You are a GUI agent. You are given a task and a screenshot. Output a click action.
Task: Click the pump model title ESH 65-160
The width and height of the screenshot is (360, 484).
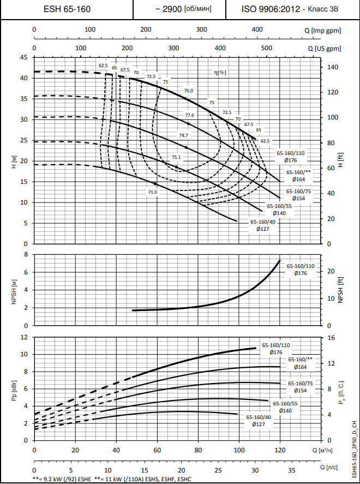(x=67, y=9)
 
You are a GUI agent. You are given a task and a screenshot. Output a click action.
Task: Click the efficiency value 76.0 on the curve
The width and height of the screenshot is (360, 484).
(x=189, y=91)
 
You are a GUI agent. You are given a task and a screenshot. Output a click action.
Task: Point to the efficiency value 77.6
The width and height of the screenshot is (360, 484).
(x=189, y=115)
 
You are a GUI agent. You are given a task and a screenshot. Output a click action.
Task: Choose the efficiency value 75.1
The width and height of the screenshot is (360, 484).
(x=176, y=157)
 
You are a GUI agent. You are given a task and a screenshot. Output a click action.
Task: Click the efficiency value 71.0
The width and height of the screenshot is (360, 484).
(x=152, y=192)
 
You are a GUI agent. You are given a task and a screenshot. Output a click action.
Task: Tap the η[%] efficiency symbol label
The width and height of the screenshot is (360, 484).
(x=220, y=72)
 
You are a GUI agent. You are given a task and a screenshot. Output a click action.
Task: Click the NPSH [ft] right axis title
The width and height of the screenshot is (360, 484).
(x=340, y=290)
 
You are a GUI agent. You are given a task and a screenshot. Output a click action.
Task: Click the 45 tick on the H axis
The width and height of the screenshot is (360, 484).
(x=23, y=57)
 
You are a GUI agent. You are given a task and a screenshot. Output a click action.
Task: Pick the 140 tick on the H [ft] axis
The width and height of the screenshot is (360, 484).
(x=333, y=67)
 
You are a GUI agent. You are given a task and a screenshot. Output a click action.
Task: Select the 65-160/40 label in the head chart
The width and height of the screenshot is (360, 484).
(x=263, y=222)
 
